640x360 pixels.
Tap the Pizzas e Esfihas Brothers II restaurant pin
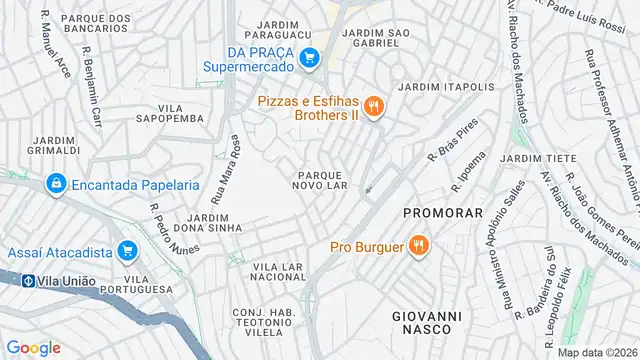tap(373, 107)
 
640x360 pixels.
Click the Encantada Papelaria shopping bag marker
tap(56, 184)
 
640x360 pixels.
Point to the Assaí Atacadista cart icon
tap(126, 250)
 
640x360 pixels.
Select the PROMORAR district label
tap(443, 213)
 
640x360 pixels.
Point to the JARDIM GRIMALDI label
tap(56, 144)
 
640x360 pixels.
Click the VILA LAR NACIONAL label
tap(277, 272)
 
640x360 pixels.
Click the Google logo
tap(33, 347)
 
